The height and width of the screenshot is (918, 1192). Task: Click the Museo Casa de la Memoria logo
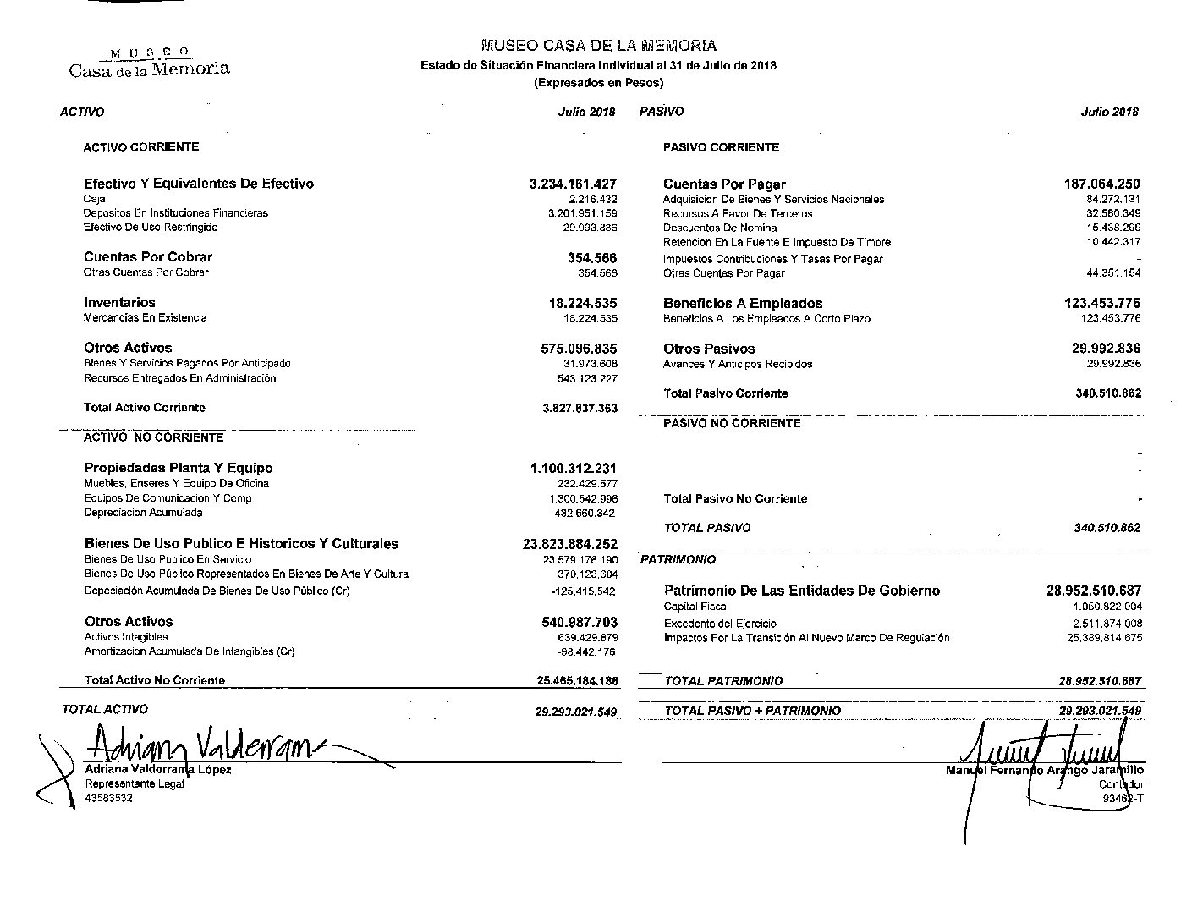[149, 62]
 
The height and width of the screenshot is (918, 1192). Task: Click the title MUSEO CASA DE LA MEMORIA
[598, 46]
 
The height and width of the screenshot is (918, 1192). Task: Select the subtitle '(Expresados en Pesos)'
[598, 83]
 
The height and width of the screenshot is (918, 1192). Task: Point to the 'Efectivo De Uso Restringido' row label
[151, 228]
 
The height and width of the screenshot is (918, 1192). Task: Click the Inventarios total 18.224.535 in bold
[583, 303]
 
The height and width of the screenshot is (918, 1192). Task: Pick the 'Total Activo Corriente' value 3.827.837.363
[580, 408]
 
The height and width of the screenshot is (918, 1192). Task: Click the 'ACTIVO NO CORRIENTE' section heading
[153, 437]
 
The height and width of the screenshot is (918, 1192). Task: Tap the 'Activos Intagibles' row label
[126, 637]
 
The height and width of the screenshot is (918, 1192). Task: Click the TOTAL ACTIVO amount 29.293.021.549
[576, 712]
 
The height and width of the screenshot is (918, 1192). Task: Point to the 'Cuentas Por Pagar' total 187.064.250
[1101, 184]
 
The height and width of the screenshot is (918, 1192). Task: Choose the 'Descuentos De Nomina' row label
[720, 228]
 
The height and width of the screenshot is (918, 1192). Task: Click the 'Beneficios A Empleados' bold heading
[743, 303]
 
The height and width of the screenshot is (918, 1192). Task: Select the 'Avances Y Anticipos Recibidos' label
[738, 364]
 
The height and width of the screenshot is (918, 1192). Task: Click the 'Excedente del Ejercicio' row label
[720, 624]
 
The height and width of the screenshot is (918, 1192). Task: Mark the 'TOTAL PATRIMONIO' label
[723, 681]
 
